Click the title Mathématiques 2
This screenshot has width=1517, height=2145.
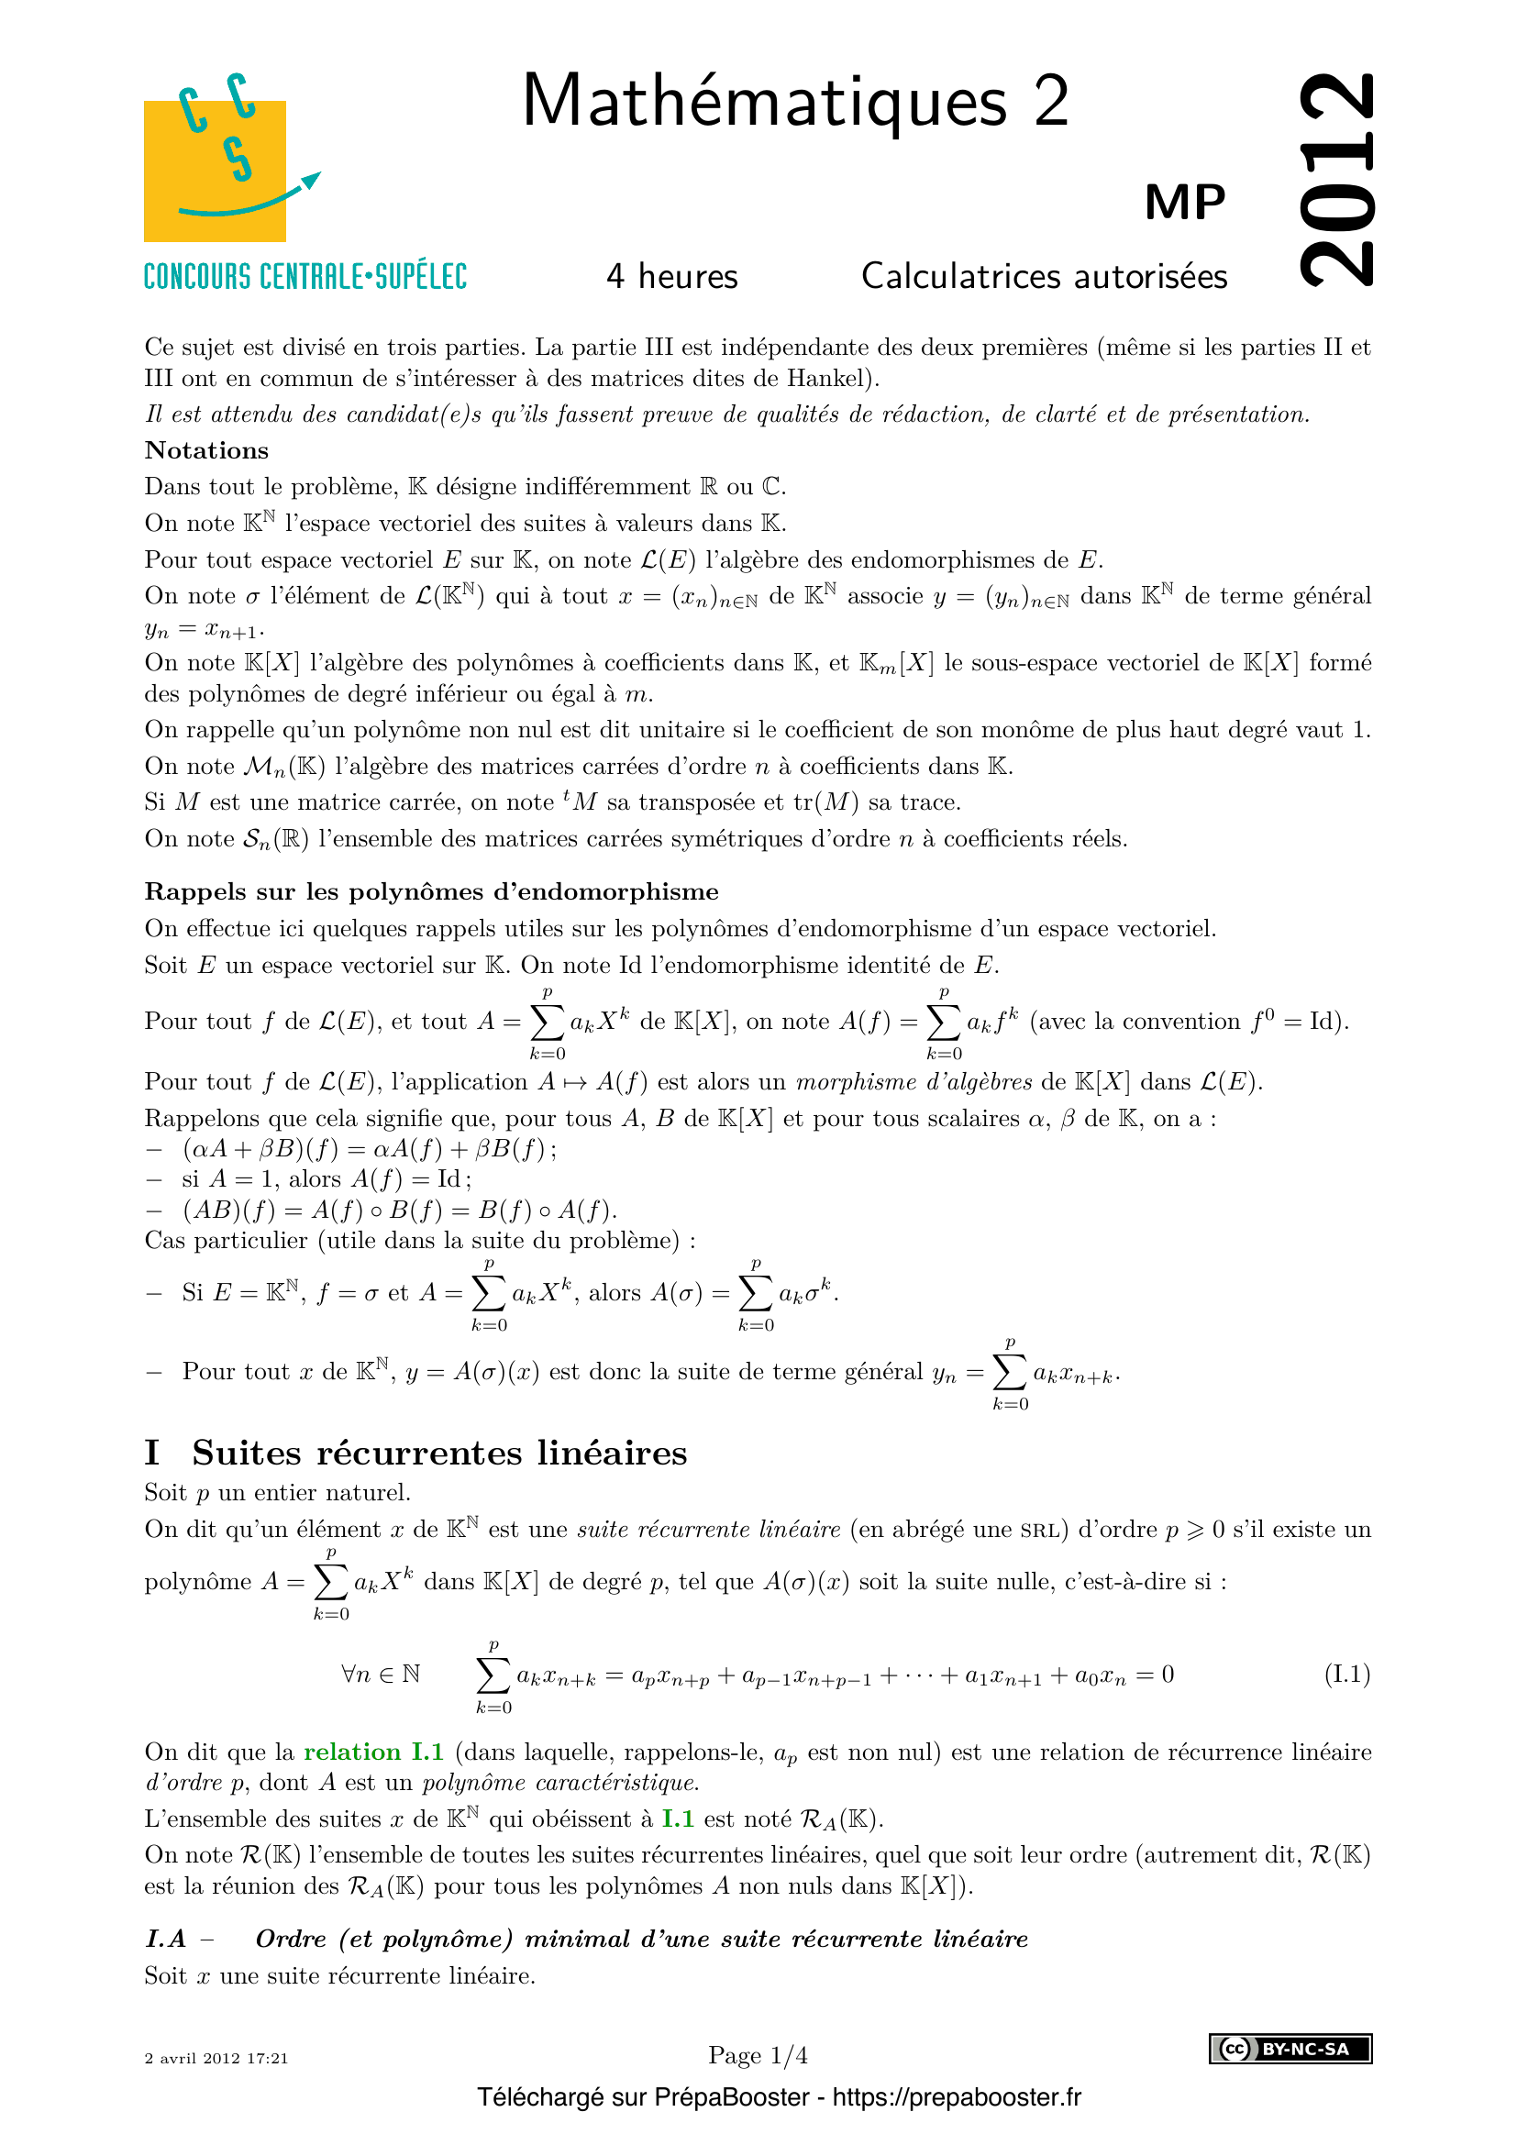pos(795,101)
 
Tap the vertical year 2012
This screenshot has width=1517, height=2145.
pos(1336,180)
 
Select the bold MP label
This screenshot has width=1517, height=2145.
pos(1184,202)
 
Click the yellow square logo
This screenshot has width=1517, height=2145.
pos(215,171)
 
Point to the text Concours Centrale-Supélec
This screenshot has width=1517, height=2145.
pos(305,277)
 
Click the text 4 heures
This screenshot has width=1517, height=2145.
pos(671,277)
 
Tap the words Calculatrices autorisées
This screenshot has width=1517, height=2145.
pos(1044,277)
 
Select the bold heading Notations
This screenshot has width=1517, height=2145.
pos(206,450)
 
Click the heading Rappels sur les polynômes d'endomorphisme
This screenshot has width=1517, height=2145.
pos(431,891)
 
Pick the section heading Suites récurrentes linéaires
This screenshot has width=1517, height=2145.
pos(439,1454)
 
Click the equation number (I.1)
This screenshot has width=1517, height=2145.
pos(1347,1674)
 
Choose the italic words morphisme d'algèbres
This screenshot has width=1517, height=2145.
pos(914,1082)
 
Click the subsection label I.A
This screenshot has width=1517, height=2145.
pos(165,1939)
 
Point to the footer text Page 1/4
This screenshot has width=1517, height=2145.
pos(758,2055)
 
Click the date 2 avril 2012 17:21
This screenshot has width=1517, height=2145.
pos(216,2058)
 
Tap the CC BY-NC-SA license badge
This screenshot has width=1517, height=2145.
pos(1290,2049)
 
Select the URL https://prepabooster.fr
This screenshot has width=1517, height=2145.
pos(957,2097)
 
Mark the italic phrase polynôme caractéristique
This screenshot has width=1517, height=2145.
pos(560,1783)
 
